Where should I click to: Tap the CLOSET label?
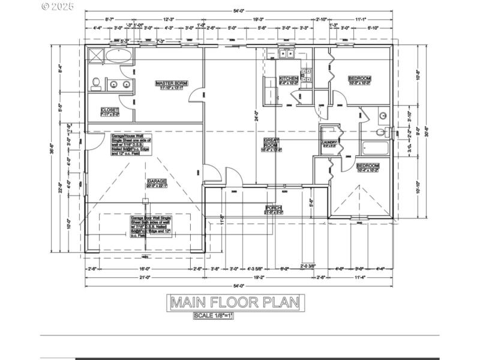(x=109, y=110)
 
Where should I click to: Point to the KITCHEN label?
(x=289, y=79)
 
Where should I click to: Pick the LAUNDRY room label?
(x=329, y=143)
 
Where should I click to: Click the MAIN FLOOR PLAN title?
(x=235, y=302)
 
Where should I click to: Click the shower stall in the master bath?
(x=95, y=56)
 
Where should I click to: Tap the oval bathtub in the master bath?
(x=120, y=56)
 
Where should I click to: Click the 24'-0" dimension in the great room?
(x=256, y=116)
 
